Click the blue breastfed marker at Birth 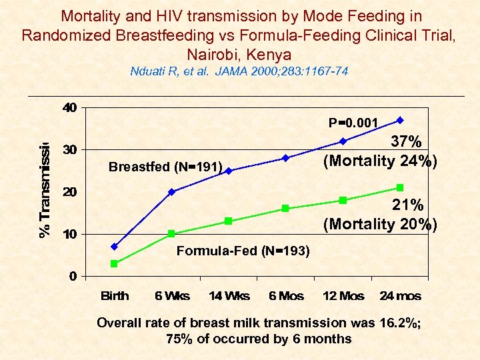point(114,247)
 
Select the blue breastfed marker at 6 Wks point(171,192)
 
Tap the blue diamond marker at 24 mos point(400,120)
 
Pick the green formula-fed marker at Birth point(114,263)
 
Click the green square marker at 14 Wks point(229,221)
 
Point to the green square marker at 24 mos point(400,187)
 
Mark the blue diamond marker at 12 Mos point(343,141)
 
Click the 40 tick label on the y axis point(69,107)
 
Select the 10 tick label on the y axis point(69,234)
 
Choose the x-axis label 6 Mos point(285,296)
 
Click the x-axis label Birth point(115,296)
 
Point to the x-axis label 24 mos point(400,296)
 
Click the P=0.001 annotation point(353,123)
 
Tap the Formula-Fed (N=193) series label point(243,251)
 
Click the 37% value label point(406,142)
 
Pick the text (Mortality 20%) point(380,224)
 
